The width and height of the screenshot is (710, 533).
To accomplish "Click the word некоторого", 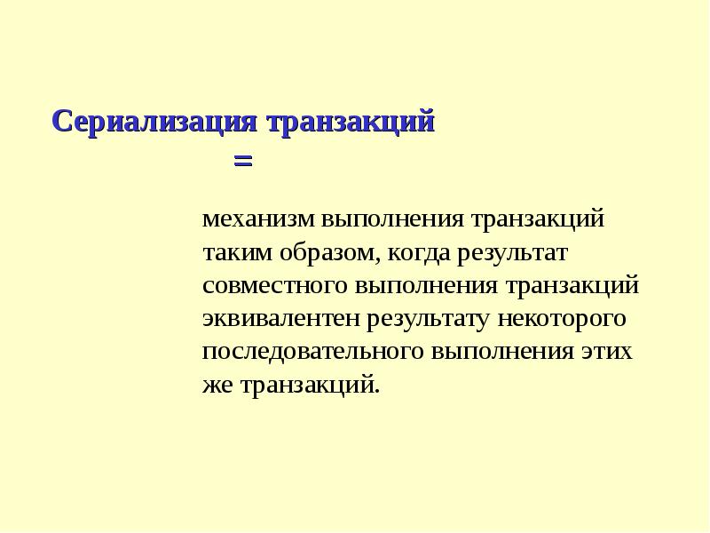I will (564, 318).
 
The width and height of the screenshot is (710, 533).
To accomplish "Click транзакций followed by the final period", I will (306, 385).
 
